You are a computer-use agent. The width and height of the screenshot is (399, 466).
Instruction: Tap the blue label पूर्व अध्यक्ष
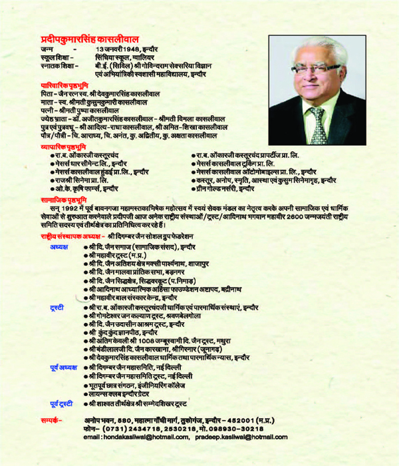click(63, 367)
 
